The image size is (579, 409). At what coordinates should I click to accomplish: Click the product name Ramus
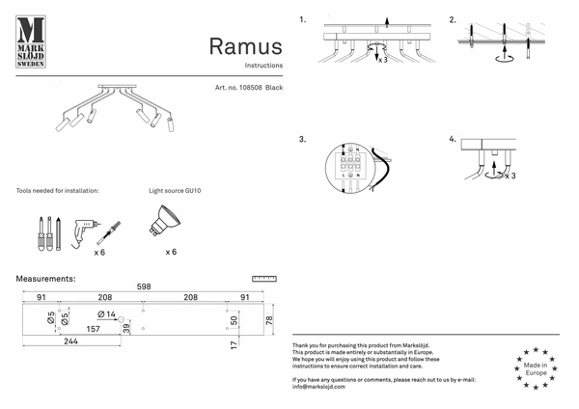pyautogui.click(x=245, y=46)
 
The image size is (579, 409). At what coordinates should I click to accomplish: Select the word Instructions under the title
pyautogui.click(x=263, y=66)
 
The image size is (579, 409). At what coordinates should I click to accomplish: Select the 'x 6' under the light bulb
pyautogui.click(x=171, y=251)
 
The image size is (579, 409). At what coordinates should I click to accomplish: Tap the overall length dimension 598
pyautogui.click(x=143, y=286)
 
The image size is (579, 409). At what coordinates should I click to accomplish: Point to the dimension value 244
pyautogui.click(x=70, y=341)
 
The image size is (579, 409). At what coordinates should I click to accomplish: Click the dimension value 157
pyautogui.click(x=95, y=329)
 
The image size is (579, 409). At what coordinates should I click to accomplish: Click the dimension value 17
pyautogui.click(x=234, y=342)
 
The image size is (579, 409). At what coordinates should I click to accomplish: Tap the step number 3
pyautogui.click(x=302, y=139)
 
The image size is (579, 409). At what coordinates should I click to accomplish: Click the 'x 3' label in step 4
pyautogui.click(x=510, y=176)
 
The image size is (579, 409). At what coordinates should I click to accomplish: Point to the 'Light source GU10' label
pyautogui.click(x=175, y=191)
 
